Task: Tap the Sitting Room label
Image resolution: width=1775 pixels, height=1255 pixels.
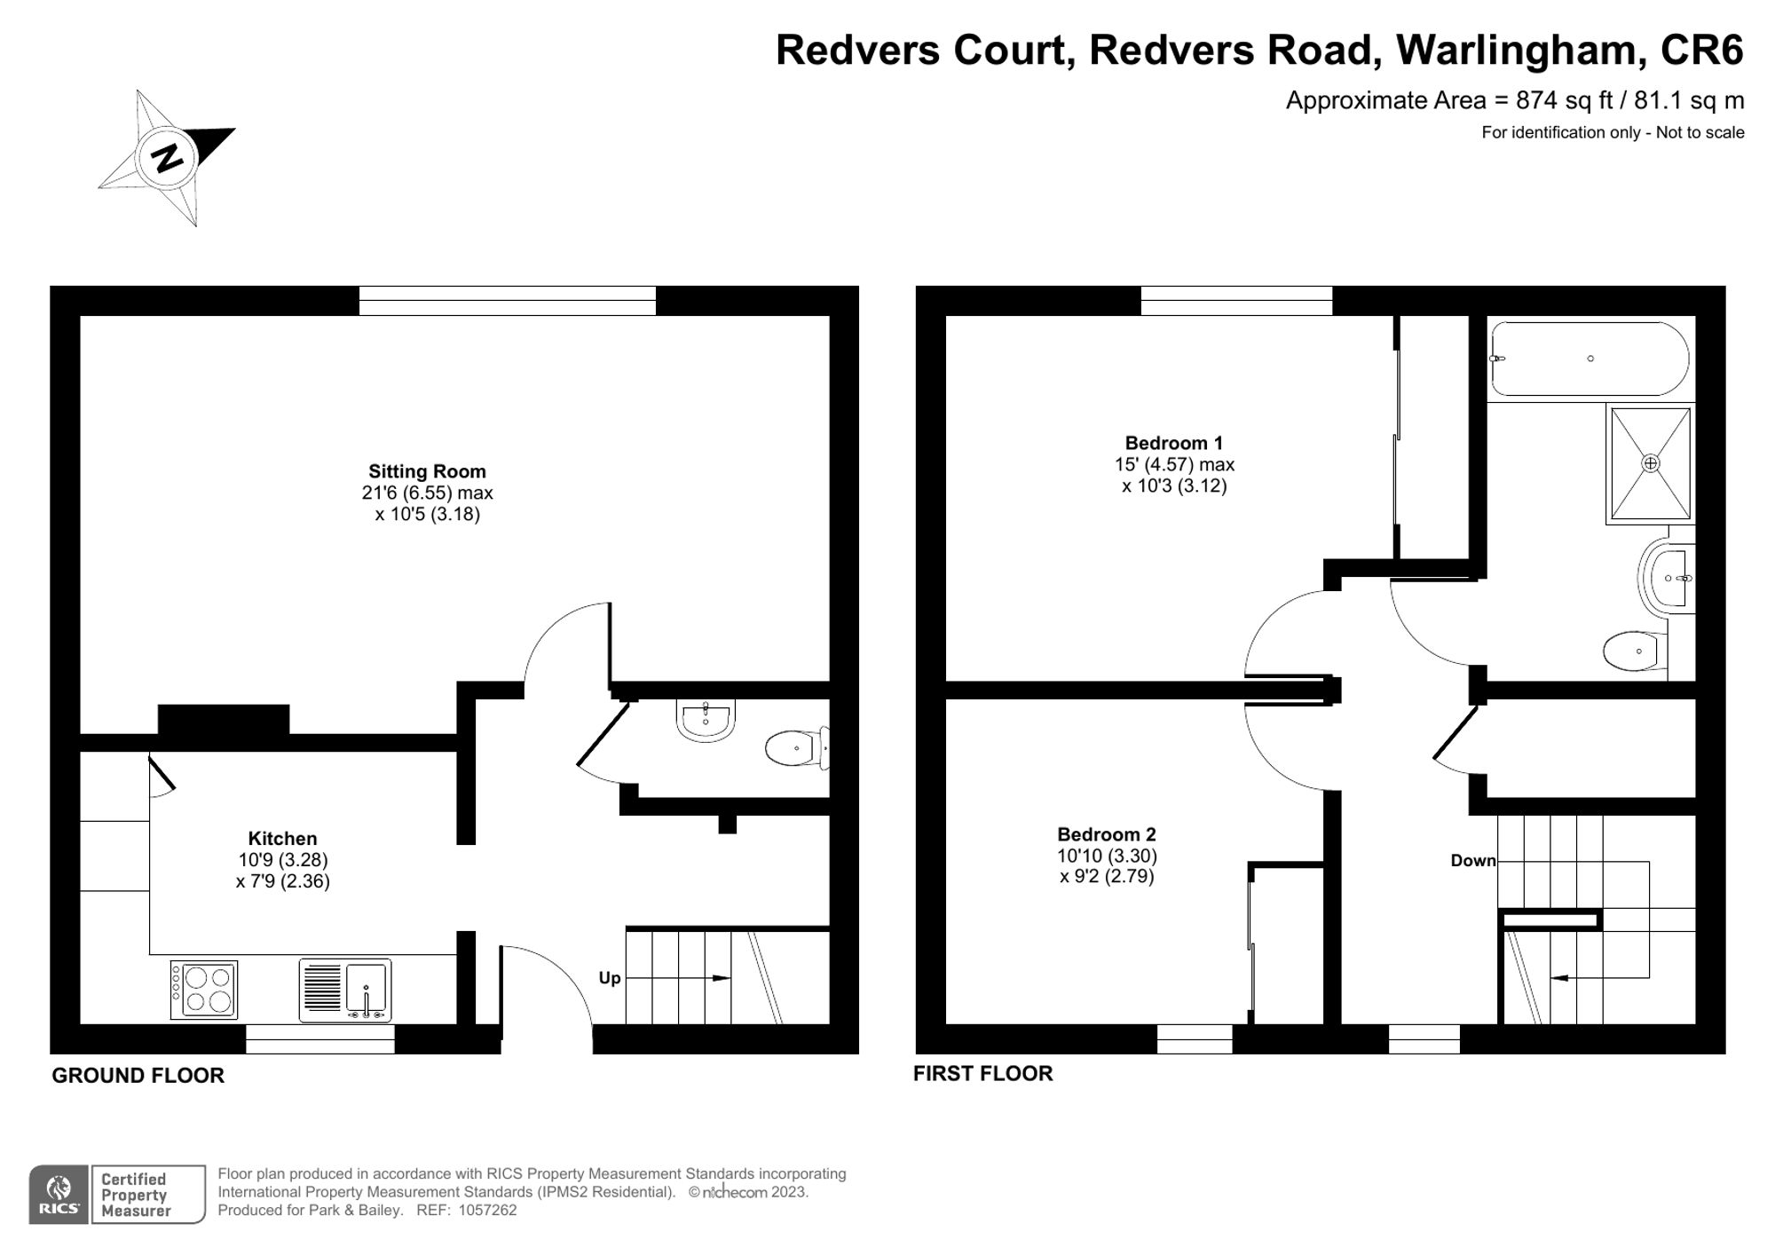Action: click(427, 471)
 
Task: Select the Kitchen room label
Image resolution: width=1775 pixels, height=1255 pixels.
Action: click(282, 838)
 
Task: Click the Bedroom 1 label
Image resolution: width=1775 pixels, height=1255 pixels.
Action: click(1173, 443)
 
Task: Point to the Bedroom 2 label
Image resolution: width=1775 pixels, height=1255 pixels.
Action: click(1106, 834)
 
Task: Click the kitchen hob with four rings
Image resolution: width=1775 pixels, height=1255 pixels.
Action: click(204, 991)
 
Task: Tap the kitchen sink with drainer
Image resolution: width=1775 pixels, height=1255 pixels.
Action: click(345, 991)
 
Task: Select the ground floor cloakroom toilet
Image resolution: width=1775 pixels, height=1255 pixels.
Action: click(795, 748)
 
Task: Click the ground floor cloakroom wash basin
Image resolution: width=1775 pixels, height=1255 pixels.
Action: click(706, 719)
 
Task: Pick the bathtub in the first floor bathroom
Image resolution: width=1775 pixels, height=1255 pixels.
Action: click(1589, 359)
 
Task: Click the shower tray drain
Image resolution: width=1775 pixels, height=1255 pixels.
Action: click(1650, 463)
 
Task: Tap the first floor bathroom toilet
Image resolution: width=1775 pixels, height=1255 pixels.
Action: click(1633, 651)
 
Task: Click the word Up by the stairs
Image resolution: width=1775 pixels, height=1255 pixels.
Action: click(610, 978)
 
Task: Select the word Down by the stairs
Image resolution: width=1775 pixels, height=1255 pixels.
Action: click(1472, 860)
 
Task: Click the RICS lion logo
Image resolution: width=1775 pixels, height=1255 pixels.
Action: click(59, 1195)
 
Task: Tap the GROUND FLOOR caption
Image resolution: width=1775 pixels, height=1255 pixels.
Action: click(138, 1075)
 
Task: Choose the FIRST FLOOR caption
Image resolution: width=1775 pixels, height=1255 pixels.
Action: click(982, 1073)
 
